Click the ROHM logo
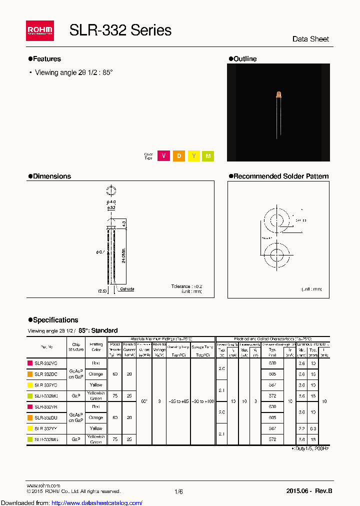point(39,31)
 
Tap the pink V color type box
point(163,156)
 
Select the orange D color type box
point(178,156)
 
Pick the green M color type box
point(208,156)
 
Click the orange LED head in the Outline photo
point(278,94)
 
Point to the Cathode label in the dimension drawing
point(126,289)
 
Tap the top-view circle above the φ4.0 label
point(110,190)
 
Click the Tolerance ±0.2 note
point(186,286)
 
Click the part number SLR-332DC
point(46,374)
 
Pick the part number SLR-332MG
point(46,439)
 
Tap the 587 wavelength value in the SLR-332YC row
point(272,385)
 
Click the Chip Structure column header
point(76,347)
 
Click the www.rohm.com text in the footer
point(43,485)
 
